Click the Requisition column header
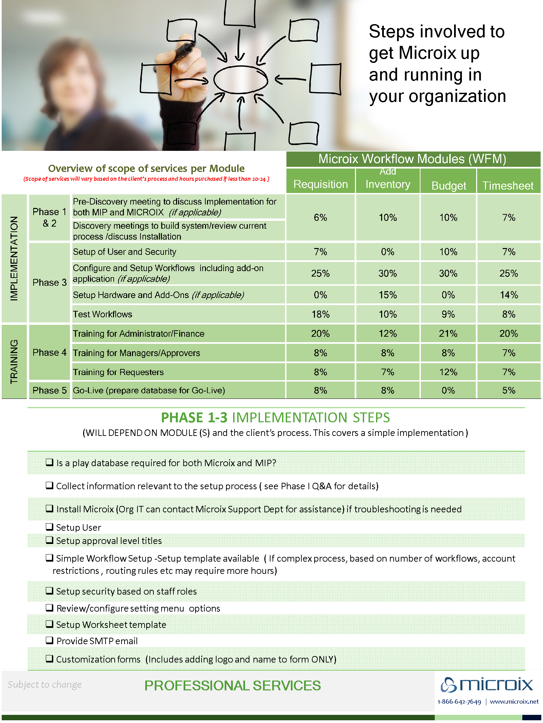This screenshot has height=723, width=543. point(320,184)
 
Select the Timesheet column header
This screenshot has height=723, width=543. point(508,185)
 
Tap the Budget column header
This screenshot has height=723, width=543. point(448,185)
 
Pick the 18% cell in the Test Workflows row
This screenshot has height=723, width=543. point(320,314)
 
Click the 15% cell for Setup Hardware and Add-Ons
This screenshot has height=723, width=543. point(388,295)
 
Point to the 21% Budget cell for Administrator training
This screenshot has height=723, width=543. point(448,333)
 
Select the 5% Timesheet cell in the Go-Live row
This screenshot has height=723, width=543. point(508,390)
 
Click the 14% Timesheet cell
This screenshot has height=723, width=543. point(508,295)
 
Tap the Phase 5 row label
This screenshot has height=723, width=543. point(50,390)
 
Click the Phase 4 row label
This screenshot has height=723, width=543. point(50,352)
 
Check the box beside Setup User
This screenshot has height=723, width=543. point(50,527)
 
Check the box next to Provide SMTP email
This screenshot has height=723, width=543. point(50,640)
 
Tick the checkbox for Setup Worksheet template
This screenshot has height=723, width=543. point(50,624)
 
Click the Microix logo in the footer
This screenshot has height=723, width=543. point(487,684)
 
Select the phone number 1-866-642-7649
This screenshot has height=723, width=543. point(459,702)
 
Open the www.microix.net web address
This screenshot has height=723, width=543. point(514,702)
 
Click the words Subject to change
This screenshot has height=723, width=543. point(44,684)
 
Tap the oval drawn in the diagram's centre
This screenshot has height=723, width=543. point(240,80)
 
